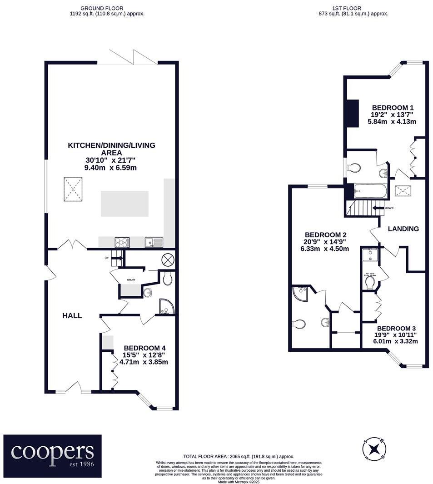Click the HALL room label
point(72,315)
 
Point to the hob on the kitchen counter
point(122,242)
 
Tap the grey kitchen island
point(124,204)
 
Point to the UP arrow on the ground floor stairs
point(116,258)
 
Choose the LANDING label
point(403,229)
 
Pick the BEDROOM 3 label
point(397,328)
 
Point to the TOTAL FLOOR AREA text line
point(239,456)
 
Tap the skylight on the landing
point(403,191)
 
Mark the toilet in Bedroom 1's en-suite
point(353,168)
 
